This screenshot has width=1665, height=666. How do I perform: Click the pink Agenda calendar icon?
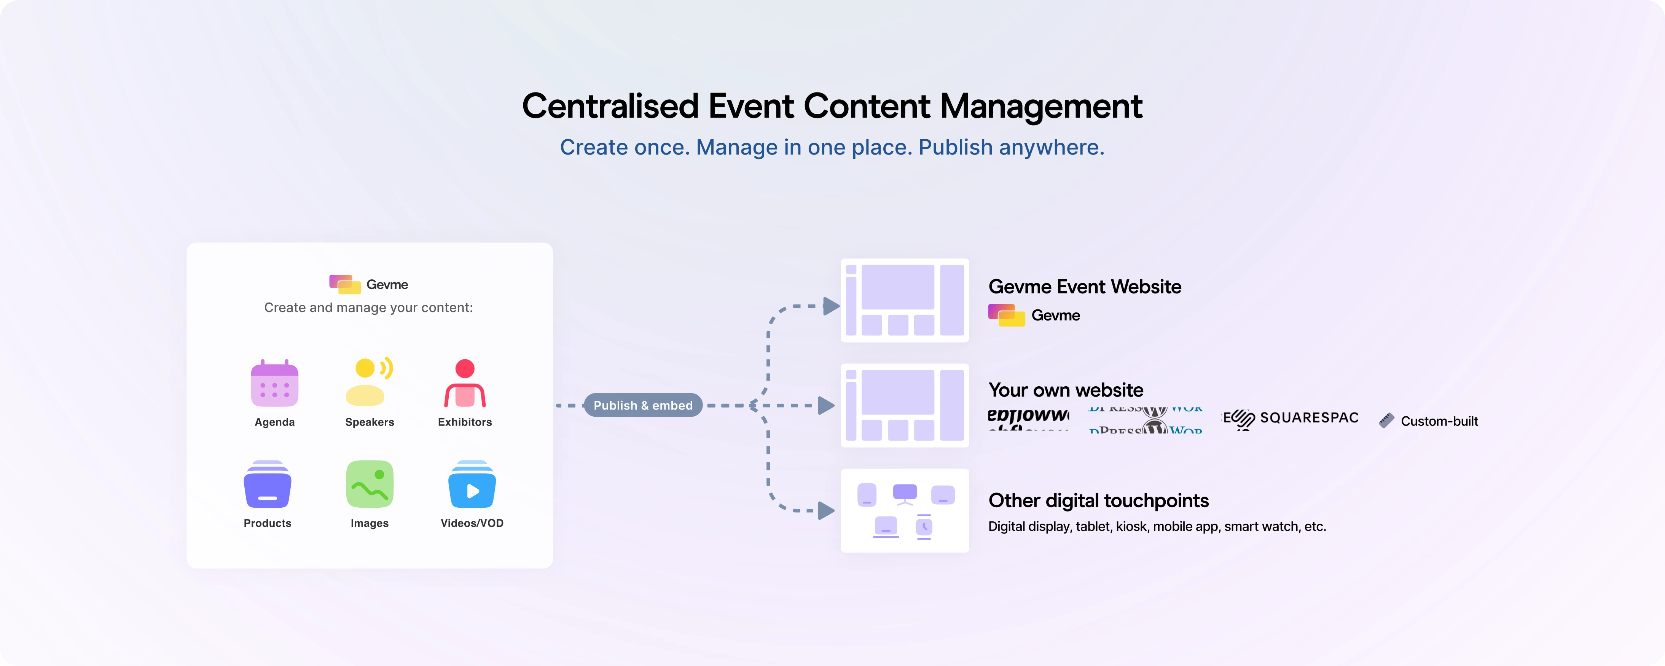275,384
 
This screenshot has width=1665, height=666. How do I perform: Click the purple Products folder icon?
268,484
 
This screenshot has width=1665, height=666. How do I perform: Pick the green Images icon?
370,484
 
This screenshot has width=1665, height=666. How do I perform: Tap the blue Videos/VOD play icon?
472,485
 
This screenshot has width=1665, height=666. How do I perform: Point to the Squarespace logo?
1291,418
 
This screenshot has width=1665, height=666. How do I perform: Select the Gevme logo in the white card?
368,285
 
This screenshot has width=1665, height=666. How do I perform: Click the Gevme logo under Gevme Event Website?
1034,315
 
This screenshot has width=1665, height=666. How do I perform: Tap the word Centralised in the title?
610,106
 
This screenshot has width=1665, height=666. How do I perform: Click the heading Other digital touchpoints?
1098,500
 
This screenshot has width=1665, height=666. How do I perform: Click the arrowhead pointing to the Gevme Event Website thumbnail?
830,306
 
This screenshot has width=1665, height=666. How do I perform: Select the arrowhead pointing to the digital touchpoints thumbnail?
825,511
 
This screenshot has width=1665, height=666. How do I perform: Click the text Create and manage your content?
368,308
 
